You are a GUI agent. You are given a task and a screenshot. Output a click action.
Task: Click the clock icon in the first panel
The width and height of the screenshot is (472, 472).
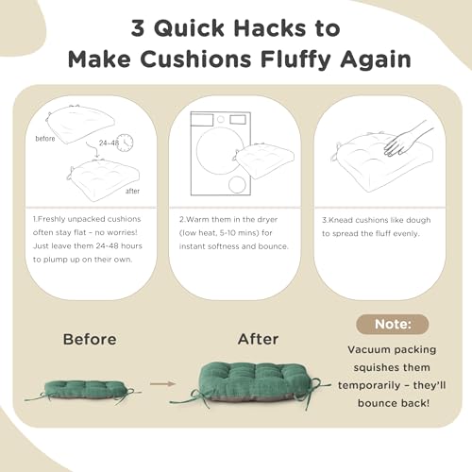pos(126,143)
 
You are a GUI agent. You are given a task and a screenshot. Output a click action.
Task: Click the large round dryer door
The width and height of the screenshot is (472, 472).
pos(220,150)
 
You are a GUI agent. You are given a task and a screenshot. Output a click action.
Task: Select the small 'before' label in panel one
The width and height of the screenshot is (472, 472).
pos(45,139)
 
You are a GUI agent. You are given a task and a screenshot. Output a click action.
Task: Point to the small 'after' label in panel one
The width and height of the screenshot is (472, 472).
pos(132,191)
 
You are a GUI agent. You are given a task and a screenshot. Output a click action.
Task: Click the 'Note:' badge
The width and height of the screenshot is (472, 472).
pos(393,324)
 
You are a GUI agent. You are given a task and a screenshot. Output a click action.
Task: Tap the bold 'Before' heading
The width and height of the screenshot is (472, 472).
pos(90,339)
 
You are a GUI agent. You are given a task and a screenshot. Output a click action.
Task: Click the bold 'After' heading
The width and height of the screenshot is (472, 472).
pos(259,339)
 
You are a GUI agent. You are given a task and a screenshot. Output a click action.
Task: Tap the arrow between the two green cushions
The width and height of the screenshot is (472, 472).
pos(162,384)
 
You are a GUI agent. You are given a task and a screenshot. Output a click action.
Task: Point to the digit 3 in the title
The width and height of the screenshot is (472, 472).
pos(138,27)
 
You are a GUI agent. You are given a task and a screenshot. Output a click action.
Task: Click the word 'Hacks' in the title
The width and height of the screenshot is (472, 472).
pos(270,27)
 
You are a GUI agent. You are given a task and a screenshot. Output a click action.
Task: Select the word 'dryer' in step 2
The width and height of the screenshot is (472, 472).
pos(267,220)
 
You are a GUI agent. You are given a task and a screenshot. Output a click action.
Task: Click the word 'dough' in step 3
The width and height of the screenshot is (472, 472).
pos(418,220)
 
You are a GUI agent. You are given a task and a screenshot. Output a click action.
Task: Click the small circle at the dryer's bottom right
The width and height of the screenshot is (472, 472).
pos(237,184)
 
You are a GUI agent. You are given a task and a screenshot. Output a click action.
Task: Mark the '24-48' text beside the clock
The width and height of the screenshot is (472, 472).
pos(109,143)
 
